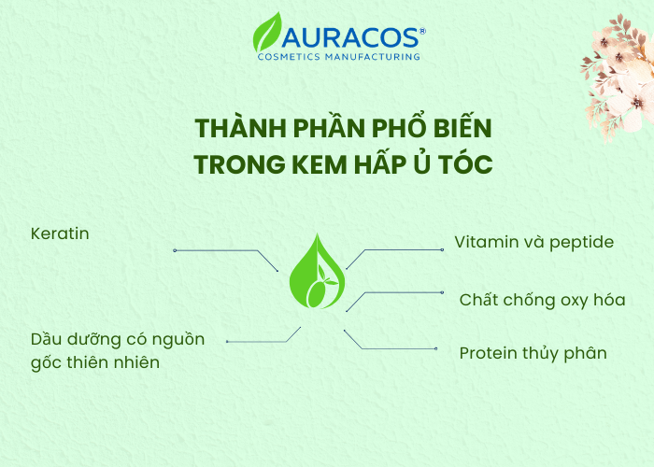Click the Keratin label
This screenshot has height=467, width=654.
pos(60,233)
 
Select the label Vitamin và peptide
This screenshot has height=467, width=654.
pos(533,243)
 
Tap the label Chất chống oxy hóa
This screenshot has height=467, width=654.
pos(542,300)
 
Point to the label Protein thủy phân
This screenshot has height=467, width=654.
pos(533,353)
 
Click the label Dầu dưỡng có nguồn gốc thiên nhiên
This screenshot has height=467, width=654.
pos(117,350)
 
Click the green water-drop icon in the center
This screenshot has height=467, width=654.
pos(317,273)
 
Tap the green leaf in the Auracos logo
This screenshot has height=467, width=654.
pos(268,34)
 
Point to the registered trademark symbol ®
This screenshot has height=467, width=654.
pos(422,31)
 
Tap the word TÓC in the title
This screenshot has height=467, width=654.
pos(466,163)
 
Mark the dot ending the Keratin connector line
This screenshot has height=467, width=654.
pos(174,250)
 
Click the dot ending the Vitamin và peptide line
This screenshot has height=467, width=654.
pos(442,250)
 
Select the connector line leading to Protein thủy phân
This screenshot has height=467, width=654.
pos(392,348)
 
